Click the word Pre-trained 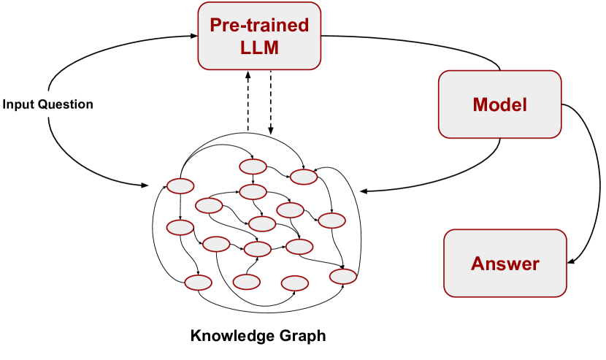coord(259,26)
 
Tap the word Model coord(499,104)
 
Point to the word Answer coord(505,264)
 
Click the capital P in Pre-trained coord(215,26)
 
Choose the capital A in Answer coord(477,264)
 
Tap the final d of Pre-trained coord(304,26)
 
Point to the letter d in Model coord(510,104)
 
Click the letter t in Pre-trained coord(250,26)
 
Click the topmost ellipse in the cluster coord(253,166)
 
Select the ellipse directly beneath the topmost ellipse coord(253,192)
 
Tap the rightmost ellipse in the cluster coord(343,277)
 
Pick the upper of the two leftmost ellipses coord(180,186)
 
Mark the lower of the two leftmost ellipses coord(180,227)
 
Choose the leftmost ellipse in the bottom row coord(199,283)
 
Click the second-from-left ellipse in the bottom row coord(246,282)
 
